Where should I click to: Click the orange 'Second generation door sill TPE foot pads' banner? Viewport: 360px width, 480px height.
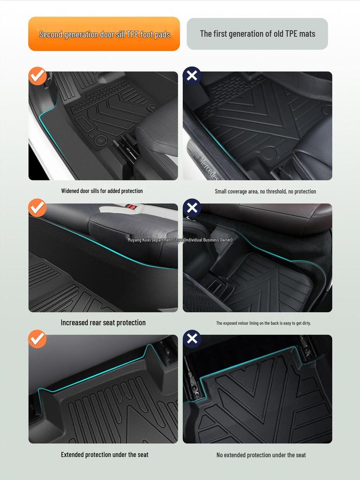[104, 34]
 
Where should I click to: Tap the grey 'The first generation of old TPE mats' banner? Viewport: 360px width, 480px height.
[257, 34]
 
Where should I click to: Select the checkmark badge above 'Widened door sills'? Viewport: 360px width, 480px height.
[37, 75]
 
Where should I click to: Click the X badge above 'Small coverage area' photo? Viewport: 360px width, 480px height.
[192, 75]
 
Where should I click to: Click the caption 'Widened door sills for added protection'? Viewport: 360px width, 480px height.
[102, 191]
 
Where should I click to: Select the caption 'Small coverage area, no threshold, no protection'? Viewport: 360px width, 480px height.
[265, 191]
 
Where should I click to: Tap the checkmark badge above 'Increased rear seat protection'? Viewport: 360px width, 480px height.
[37, 208]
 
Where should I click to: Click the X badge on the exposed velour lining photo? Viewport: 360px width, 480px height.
[192, 208]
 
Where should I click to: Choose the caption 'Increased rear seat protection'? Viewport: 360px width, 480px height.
[103, 322]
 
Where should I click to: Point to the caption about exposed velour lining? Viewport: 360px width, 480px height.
[263, 323]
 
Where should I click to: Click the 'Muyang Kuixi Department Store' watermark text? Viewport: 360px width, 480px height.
[180, 240]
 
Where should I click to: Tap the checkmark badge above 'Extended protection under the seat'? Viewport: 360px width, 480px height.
[37, 339]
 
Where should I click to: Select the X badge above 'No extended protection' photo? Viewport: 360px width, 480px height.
[192, 339]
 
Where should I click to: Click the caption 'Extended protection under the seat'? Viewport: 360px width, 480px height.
[105, 455]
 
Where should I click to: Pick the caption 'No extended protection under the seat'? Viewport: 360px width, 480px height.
[261, 455]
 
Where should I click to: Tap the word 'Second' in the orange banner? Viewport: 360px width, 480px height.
[51, 34]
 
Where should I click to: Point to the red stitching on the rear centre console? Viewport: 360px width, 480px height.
[131, 207]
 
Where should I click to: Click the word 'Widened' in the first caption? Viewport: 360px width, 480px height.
[70, 191]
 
